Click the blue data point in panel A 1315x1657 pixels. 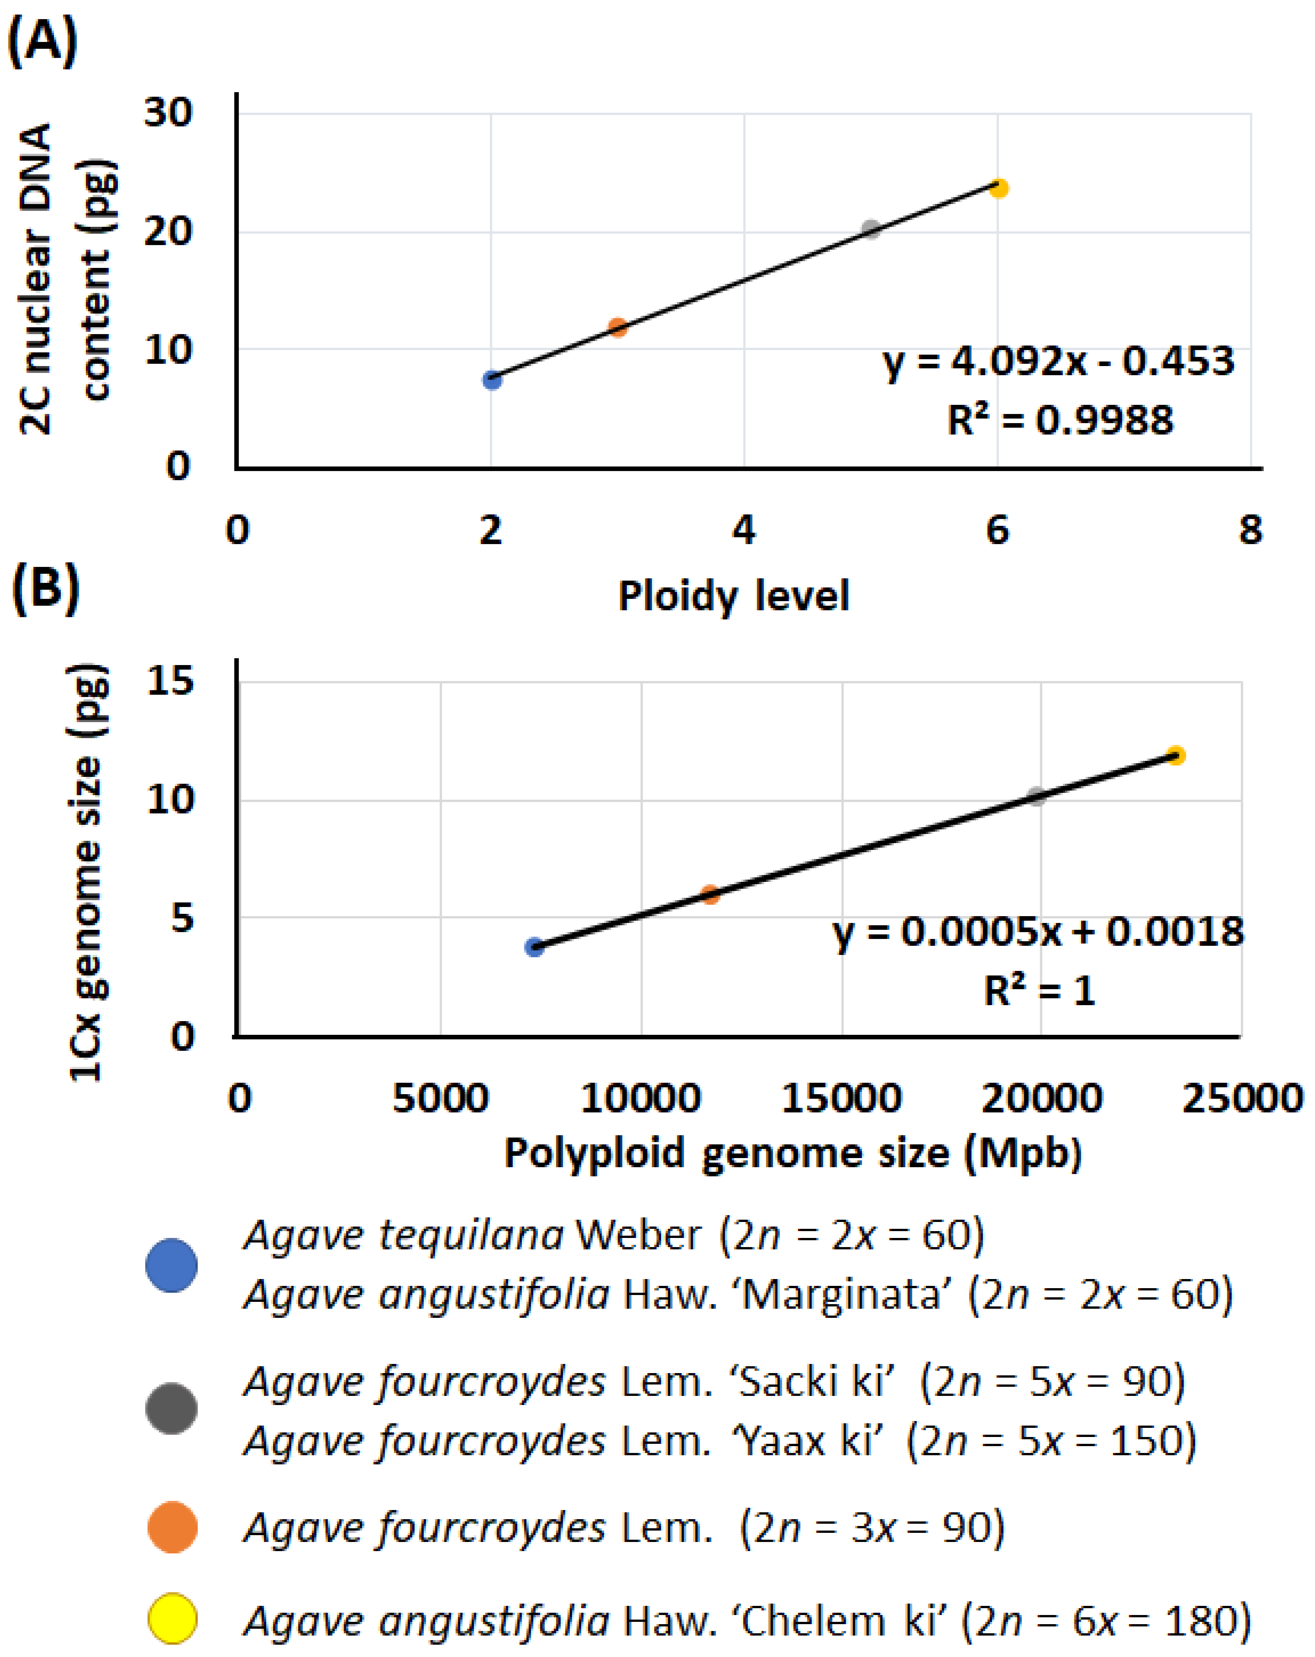[x=492, y=380]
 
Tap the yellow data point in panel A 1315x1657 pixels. [x=998, y=188]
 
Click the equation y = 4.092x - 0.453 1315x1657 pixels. [x=1058, y=361]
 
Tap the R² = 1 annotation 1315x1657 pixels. [x=1039, y=991]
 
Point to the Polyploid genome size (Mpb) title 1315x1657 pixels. [x=793, y=1154]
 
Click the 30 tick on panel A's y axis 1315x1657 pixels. [x=168, y=114]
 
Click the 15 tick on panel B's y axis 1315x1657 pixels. [x=170, y=681]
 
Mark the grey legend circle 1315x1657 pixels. [x=171, y=1409]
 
